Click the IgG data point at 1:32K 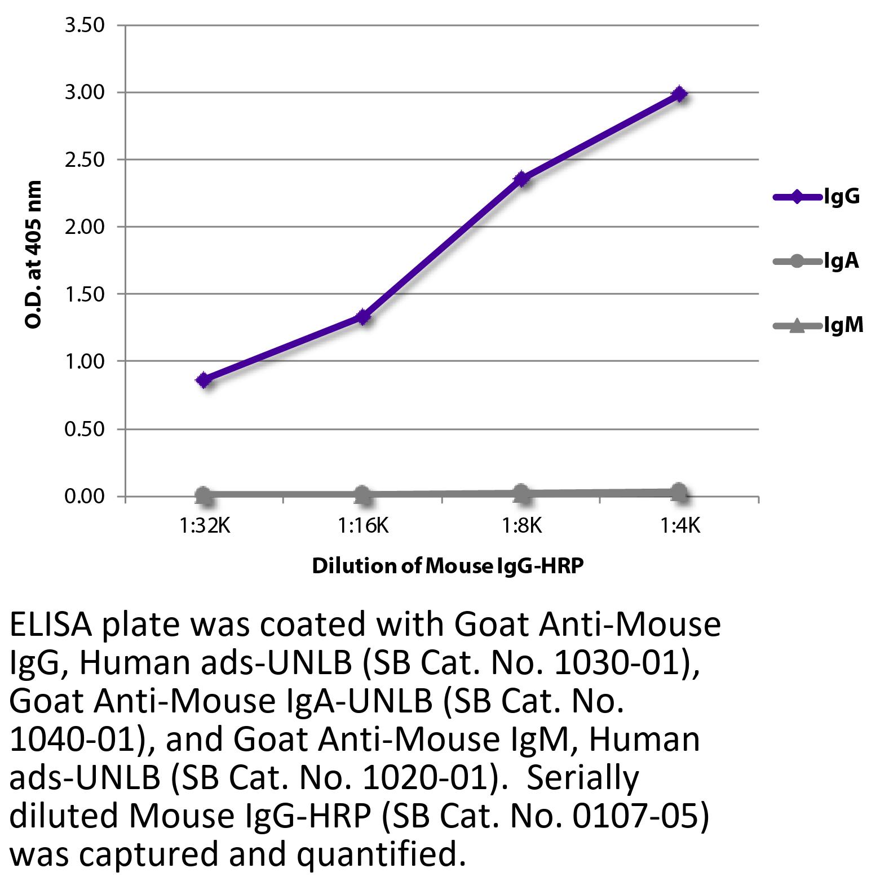coord(204,380)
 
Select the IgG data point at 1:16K coord(363,317)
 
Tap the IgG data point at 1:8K coord(521,179)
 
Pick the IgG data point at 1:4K coord(680,94)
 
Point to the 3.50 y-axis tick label coord(85,25)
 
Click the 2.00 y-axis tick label coord(85,227)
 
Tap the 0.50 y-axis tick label coord(85,429)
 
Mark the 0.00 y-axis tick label coord(85,496)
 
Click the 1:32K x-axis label coord(205,526)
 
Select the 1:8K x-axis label coord(521,526)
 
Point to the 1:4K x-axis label coord(680,526)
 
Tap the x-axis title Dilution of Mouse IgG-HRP coord(447,565)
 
